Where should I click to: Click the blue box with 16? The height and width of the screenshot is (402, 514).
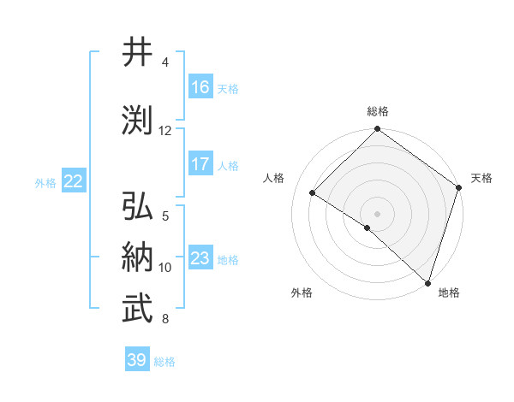[x=200, y=87]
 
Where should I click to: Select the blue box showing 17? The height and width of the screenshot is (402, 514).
[x=200, y=164]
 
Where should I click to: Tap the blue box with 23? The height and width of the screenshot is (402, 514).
[x=200, y=258]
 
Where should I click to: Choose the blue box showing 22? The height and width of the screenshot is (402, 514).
[x=74, y=181]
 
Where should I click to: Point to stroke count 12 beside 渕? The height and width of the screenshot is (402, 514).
[x=165, y=131]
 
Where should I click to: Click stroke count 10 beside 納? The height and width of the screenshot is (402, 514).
[x=165, y=268]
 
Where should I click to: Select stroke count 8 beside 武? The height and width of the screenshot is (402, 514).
[x=165, y=319]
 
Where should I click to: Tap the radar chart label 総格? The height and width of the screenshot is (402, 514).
[x=377, y=112]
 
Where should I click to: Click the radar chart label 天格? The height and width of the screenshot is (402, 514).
[x=481, y=178]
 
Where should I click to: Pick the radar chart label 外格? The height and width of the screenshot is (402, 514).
[x=302, y=293]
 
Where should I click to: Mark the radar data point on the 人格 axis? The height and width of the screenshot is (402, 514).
[x=313, y=193]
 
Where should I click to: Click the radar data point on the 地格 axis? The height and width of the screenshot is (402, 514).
[x=427, y=281]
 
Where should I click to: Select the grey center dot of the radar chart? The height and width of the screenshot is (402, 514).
[x=377, y=213]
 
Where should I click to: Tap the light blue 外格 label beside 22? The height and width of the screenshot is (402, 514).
[x=45, y=182]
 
